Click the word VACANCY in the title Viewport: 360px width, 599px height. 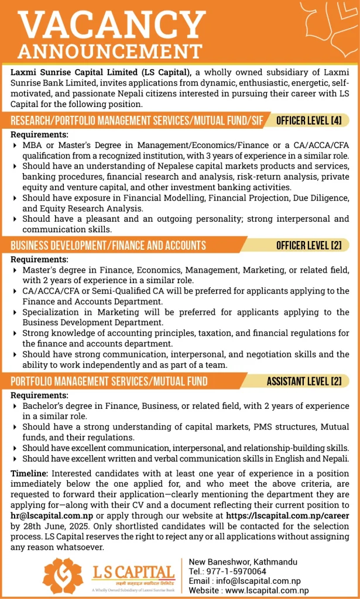(x=112, y=25)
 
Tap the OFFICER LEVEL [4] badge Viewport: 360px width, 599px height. (x=309, y=121)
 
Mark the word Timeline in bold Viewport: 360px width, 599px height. (x=30, y=473)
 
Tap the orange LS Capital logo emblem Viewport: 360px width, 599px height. (x=63, y=574)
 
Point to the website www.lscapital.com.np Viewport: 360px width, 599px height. (x=267, y=591)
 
